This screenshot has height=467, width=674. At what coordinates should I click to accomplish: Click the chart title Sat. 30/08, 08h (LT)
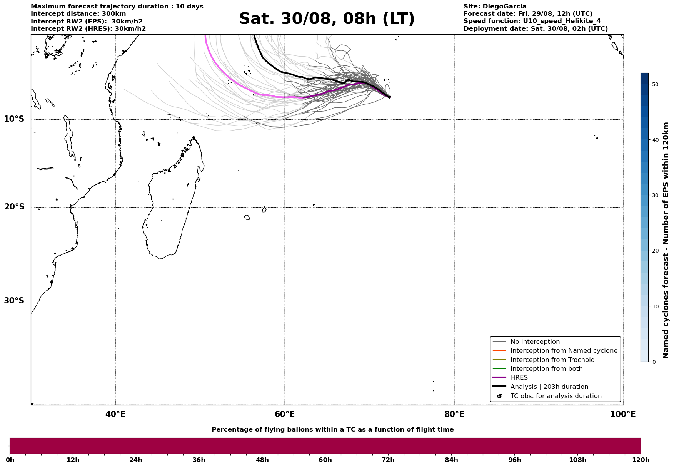(327, 19)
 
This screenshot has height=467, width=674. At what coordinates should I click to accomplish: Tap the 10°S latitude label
(14, 119)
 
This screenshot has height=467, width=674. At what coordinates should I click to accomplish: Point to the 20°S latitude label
(14, 207)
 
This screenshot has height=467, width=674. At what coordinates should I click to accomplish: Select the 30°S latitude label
(14, 301)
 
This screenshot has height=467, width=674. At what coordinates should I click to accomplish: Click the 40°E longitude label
(115, 414)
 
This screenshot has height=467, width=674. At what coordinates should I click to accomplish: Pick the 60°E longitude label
(285, 414)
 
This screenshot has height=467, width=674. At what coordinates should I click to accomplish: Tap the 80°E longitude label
(454, 414)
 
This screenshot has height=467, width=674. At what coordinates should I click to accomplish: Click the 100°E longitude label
(623, 414)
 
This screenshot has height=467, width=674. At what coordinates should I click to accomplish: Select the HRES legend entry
(519, 378)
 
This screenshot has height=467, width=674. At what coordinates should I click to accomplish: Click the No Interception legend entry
(535, 342)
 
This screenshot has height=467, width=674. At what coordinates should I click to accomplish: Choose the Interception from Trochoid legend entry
(552, 360)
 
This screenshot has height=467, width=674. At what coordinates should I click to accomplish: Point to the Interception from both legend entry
(546, 369)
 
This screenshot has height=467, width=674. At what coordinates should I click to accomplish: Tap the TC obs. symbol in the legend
(499, 396)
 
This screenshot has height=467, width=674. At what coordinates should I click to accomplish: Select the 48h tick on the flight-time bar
(262, 460)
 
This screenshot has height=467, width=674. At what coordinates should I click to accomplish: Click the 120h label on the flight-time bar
(641, 460)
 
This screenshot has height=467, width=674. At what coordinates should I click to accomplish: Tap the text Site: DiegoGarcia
(495, 7)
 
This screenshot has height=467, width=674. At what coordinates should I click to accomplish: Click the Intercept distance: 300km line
(78, 14)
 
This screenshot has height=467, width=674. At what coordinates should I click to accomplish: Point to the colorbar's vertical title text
(666, 240)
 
